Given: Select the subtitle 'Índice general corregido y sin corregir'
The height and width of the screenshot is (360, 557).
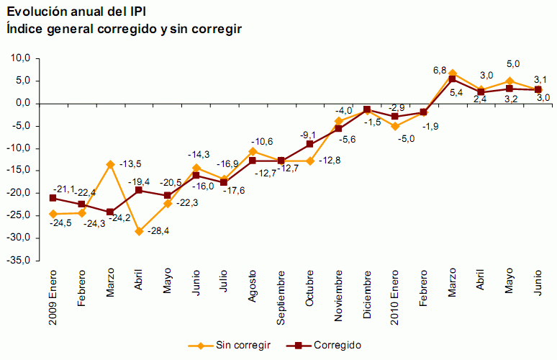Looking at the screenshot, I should [123, 28].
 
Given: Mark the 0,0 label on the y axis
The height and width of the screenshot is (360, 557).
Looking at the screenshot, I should [21, 104].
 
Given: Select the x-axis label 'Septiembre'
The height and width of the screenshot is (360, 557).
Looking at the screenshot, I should [281, 297].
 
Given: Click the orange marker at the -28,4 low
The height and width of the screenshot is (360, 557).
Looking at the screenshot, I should [139, 231].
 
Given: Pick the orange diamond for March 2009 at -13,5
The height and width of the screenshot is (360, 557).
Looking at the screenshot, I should [110, 164].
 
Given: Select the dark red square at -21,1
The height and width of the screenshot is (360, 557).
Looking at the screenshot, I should [53, 198].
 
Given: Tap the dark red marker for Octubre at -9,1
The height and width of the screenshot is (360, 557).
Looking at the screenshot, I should [309, 144].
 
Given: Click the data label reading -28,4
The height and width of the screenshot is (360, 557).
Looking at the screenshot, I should [157, 230].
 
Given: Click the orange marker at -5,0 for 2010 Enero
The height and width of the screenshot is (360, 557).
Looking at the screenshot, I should [395, 126].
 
